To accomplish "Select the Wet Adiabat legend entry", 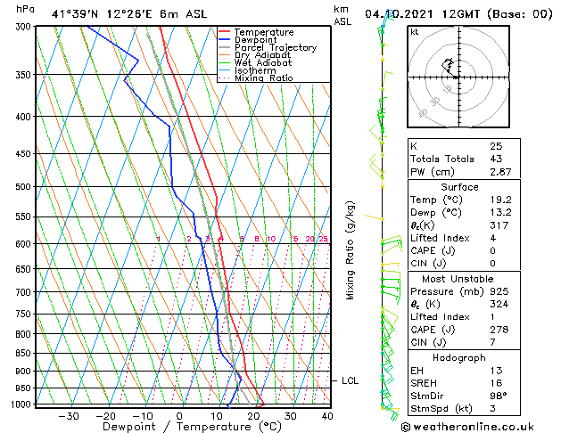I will pyautogui.click(x=261, y=62).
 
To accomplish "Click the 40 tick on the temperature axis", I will pyautogui.click(x=327, y=416).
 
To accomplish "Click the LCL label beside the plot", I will pyautogui.click(x=351, y=381).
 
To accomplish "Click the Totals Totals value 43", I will pyautogui.click(x=495, y=159).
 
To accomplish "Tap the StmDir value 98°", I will pyautogui.click(x=498, y=396).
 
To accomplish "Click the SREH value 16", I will pyautogui.click(x=495, y=383).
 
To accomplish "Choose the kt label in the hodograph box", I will pyautogui.click(x=415, y=32).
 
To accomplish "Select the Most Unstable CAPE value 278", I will pyautogui.click(x=498, y=331).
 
